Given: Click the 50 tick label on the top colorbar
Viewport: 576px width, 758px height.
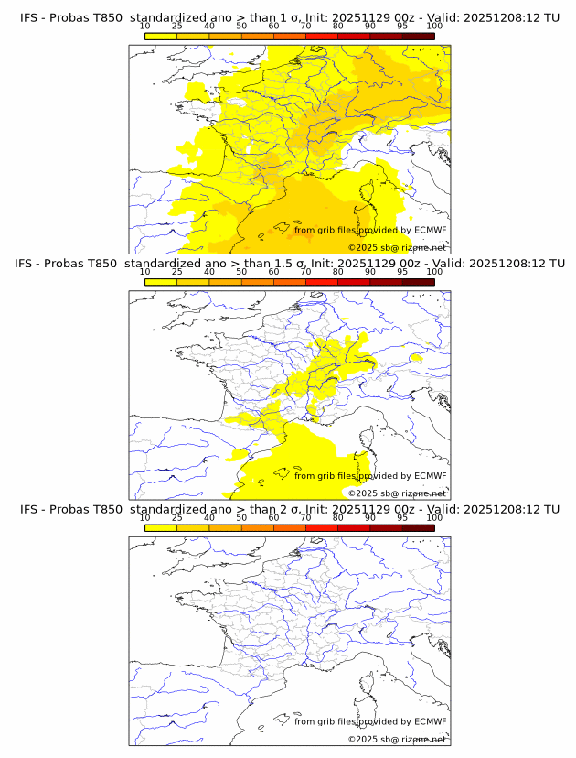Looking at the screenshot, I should [x=241, y=26].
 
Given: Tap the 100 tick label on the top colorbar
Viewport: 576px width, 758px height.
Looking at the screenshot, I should [x=434, y=26].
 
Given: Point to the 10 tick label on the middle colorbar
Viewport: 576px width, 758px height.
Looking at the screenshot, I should [x=145, y=272].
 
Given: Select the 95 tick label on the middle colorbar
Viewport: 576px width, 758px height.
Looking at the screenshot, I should [x=402, y=272].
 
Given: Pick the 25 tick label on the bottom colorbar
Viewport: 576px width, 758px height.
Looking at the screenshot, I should [x=177, y=518].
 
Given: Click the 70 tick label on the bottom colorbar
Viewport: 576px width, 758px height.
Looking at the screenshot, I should [x=305, y=518].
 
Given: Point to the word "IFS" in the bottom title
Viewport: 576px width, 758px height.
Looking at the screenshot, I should [x=29, y=509].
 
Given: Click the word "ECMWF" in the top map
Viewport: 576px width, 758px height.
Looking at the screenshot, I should [x=430, y=230].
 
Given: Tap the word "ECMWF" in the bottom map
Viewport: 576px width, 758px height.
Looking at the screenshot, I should [x=430, y=722].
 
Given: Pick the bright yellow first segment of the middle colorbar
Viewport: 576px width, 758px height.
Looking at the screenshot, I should [x=161, y=281].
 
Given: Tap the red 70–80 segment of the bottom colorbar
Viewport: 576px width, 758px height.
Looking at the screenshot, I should [x=322, y=527].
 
